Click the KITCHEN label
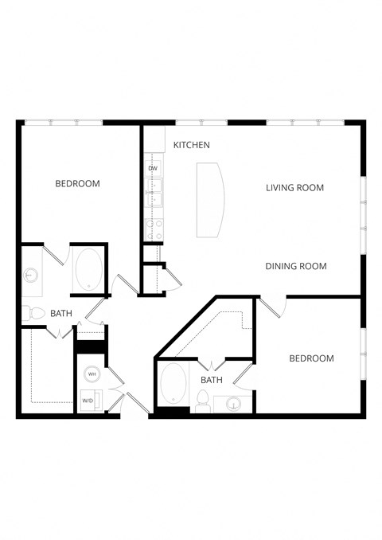tap(192, 145)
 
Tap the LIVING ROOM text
tap(294, 188)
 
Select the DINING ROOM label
tap(296, 266)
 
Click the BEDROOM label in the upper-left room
tap(77, 184)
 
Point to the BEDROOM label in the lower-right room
tap(310, 358)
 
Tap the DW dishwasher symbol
tap(152, 169)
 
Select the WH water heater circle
tap(92, 374)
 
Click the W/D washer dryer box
tap(89, 401)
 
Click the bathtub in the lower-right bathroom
tap(173, 385)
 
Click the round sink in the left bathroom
tap(31, 276)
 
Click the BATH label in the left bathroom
tap(61, 314)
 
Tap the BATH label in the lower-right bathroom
tap(211, 381)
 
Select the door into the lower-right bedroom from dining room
tap(269, 307)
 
